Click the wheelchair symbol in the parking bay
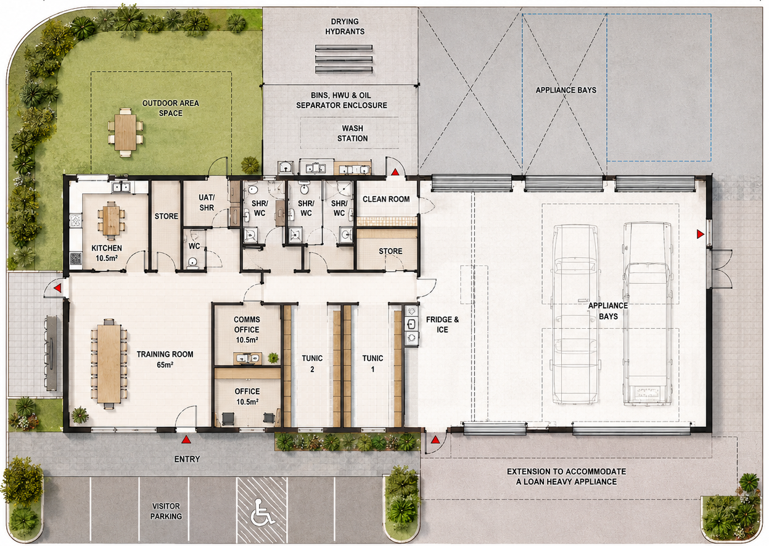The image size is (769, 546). point(261,511)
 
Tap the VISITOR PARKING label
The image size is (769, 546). point(166,511)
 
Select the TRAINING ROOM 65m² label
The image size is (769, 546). point(165,359)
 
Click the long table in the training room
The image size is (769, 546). point(109,363)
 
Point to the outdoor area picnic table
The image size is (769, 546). point(125,132)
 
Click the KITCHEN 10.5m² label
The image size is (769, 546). point(107,253)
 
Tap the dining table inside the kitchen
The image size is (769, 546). point(111,220)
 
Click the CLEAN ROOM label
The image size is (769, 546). point(386,199)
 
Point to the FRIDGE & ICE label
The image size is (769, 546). point(442,325)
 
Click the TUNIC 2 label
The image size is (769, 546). point(312,363)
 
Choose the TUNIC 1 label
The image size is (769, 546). point(372,363)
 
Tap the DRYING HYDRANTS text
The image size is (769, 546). point(345,27)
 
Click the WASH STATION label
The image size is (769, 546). point(352,133)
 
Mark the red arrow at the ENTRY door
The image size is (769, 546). point(186,439)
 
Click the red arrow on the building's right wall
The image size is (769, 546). point(701,234)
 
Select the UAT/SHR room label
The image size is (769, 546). point(207,202)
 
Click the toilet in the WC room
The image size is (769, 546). point(192,263)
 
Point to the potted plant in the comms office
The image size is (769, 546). point(273,357)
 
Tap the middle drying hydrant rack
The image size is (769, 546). point(343,59)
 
